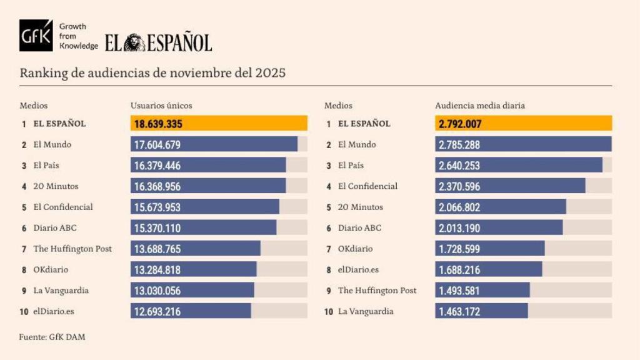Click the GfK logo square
[36, 36]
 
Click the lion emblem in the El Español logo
[134, 42]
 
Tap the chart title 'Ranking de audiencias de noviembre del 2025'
[152, 72]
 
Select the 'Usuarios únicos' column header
[161, 106]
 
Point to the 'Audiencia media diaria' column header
[480, 106]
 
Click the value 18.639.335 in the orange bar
[158, 124]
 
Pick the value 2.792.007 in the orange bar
[460, 124]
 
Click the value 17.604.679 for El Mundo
[157, 145]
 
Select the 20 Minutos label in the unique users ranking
[56, 186]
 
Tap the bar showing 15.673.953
[204, 207]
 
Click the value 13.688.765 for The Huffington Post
[157, 249]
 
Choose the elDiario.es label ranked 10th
[54, 311]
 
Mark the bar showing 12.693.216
[191, 311]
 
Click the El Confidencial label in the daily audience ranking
[367, 186]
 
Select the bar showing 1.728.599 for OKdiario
[489, 249]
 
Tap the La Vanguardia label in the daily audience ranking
[366, 311]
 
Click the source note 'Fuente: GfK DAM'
[52, 337]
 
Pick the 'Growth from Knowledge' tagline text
[78, 36]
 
